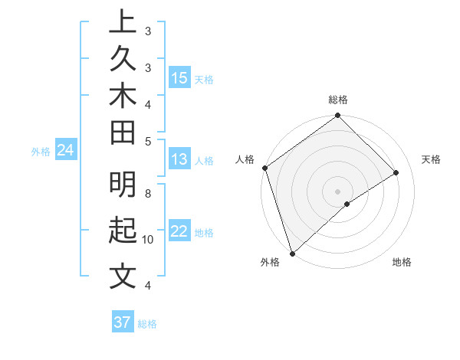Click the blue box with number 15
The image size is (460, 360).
179,78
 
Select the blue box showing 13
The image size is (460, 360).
179,159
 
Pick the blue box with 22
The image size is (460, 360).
179,231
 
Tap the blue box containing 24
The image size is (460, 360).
66,151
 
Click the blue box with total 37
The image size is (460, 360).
122,322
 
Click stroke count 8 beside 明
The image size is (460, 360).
148,195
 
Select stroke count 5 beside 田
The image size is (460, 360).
148,141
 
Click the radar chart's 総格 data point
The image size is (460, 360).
337,116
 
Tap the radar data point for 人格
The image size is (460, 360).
264,168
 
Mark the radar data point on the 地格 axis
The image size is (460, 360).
347,204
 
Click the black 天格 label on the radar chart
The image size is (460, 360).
431,159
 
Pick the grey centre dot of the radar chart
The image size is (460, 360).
337,190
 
